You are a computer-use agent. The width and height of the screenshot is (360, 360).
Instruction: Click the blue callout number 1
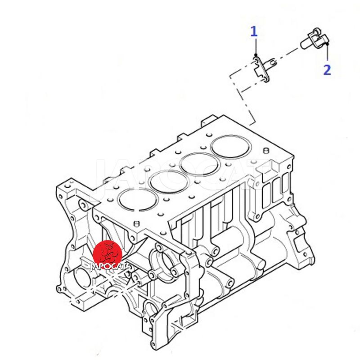(x=254, y=31)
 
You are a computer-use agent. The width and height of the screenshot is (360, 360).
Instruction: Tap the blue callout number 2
(x=327, y=70)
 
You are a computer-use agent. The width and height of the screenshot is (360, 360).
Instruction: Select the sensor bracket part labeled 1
(x=264, y=69)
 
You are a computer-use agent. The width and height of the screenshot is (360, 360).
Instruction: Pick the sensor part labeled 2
(x=315, y=40)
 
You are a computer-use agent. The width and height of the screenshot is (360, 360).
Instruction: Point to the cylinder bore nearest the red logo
(x=138, y=199)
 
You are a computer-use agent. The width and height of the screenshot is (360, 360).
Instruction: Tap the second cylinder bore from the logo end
(x=169, y=182)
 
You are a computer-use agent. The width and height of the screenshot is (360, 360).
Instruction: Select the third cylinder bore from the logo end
(x=200, y=164)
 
